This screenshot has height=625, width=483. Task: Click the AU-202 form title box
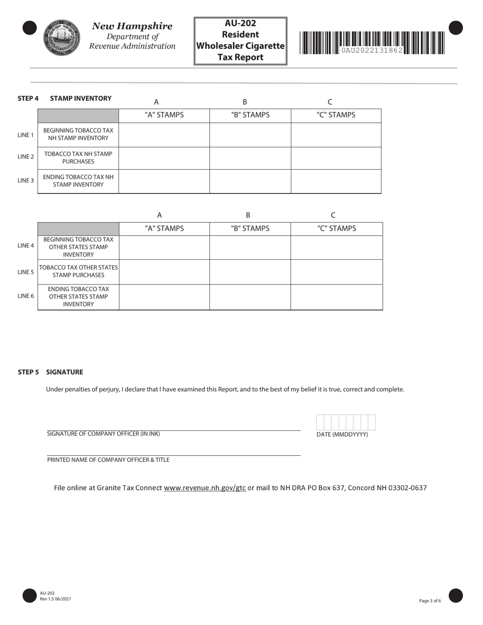pyautogui.click(x=240, y=41)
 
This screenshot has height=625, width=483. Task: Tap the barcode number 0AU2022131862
pyautogui.click(x=372, y=50)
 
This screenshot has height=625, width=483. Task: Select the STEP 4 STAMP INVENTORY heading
pyautogui.click(x=65, y=98)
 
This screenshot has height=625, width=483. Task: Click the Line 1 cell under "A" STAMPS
pyautogui.click(x=164, y=135)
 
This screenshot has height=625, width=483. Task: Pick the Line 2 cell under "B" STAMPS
pyautogui.click(x=250, y=158)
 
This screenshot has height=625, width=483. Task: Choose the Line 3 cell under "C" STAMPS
pyautogui.click(x=336, y=181)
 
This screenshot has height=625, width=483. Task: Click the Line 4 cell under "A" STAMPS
pyautogui.click(x=164, y=247)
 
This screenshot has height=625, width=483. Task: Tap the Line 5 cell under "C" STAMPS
pyautogui.click(x=336, y=272)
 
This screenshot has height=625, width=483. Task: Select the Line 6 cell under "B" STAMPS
pyautogui.click(x=250, y=297)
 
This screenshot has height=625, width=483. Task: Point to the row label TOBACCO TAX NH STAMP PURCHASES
pyautogui.click(x=78, y=158)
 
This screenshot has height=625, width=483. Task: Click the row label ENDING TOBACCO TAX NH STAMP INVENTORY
pyautogui.click(x=78, y=181)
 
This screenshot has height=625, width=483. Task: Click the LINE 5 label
pyautogui.click(x=25, y=272)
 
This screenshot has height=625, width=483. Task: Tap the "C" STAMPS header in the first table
pyautogui.click(x=336, y=115)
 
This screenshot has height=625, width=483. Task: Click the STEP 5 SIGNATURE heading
pyautogui.click(x=50, y=372)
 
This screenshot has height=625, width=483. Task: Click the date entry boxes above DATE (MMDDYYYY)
pyautogui.click(x=346, y=422)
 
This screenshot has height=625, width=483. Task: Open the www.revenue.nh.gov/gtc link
pyautogui.click(x=205, y=488)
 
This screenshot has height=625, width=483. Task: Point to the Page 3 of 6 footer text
pyautogui.click(x=430, y=601)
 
